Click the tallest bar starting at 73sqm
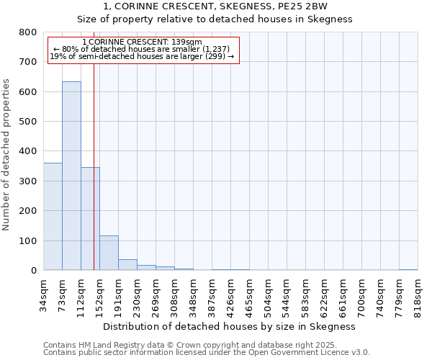pyautogui.click(x=71, y=176)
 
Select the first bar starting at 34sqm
pyautogui.click(x=53, y=216)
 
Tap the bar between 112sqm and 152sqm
pyautogui.click(x=90, y=219)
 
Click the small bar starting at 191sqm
pyautogui.click(x=127, y=264)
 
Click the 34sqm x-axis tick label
pyautogui.click(x=44, y=295)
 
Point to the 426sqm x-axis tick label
pyautogui.click(x=231, y=295)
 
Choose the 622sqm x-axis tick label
pyautogui.click(x=325, y=295)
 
